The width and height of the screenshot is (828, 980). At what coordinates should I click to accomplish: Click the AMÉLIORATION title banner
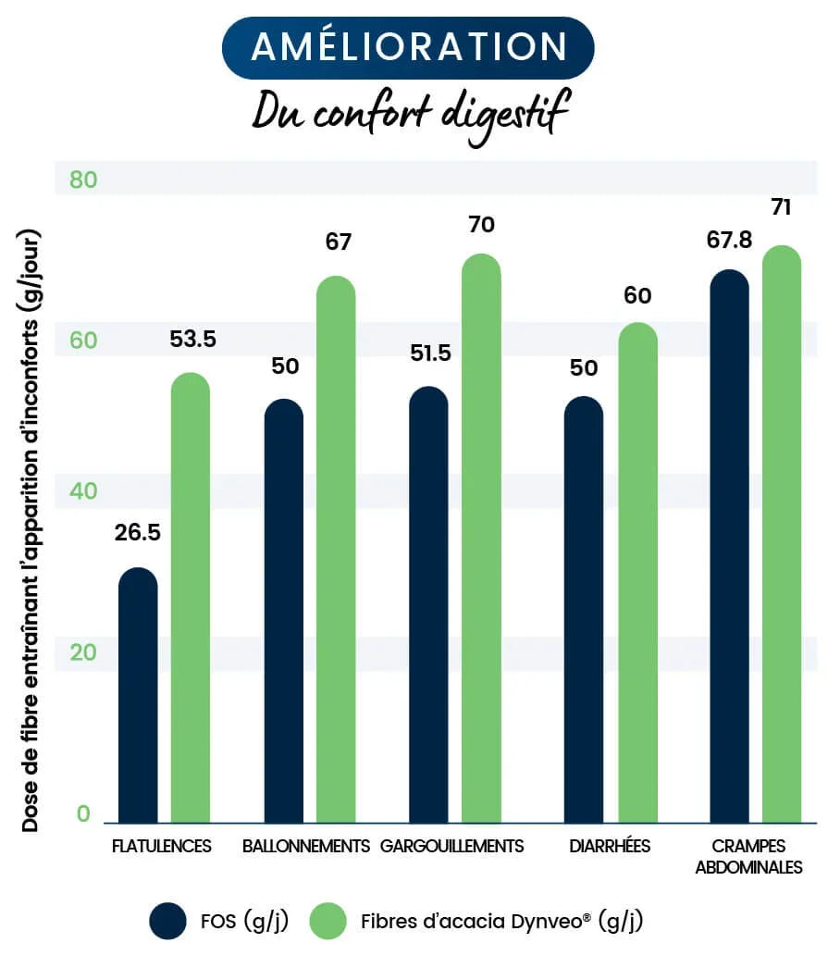click(x=408, y=47)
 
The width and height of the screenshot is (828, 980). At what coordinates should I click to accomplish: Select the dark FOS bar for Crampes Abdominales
click(x=728, y=546)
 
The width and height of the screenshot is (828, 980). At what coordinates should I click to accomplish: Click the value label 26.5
click(x=138, y=533)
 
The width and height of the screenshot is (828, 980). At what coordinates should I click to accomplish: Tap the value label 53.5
click(x=192, y=340)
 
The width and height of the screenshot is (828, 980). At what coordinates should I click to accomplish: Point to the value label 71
click(x=781, y=207)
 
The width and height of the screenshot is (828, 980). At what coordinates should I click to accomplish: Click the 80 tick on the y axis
click(x=83, y=180)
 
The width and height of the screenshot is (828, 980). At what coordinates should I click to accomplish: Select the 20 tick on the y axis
click(x=83, y=652)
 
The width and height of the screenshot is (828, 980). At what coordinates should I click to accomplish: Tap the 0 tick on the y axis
click(x=83, y=813)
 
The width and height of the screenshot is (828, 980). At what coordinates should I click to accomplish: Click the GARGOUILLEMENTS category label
click(x=451, y=846)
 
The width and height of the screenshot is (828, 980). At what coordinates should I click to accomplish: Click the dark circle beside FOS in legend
click(x=167, y=921)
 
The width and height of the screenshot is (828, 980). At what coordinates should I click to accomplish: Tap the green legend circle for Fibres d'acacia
click(x=327, y=921)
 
